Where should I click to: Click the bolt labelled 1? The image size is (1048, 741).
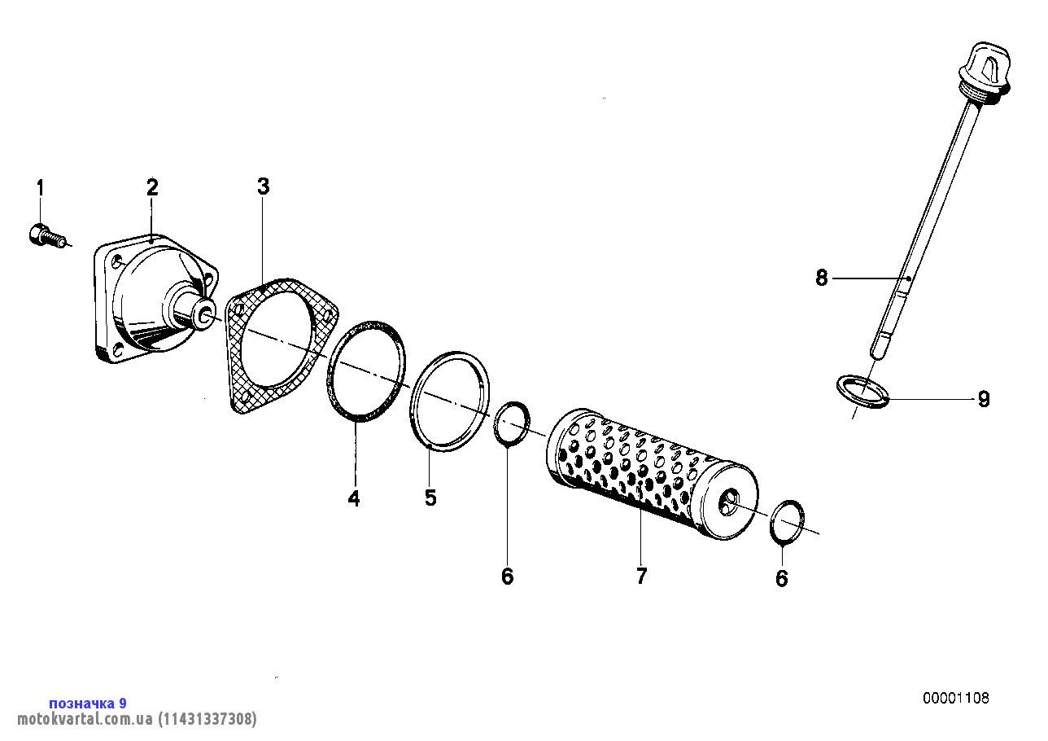(47, 236)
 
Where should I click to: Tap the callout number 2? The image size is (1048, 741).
(152, 188)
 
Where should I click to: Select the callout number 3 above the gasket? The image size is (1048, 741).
(264, 186)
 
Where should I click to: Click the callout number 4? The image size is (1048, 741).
(354, 498)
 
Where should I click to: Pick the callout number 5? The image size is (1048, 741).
(430, 497)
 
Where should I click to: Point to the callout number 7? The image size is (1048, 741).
(641, 576)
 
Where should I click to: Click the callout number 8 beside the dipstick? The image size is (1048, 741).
(822, 278)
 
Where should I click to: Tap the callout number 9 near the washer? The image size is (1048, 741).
(985, 399)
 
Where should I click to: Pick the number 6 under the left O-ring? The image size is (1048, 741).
(507, 577)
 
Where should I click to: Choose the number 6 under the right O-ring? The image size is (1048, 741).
(782, 579)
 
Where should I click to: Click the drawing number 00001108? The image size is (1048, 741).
(956, 699)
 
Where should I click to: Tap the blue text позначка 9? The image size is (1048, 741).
(88, 703)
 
